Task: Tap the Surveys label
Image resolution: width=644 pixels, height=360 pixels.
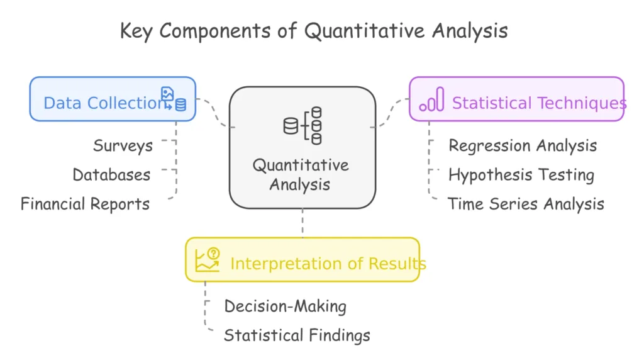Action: click(x=123, y=146)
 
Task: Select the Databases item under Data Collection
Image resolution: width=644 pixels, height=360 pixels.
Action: click(x=111, y=175)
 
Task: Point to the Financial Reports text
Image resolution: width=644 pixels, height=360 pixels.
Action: click(x=85, y=204)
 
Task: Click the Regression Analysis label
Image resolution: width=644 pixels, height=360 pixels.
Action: click(x=523, y=146)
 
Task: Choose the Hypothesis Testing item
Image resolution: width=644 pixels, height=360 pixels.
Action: click(x=521, y=175)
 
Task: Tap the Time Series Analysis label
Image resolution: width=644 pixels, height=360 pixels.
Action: click(x=526, y=205)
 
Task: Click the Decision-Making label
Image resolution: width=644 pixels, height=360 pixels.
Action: click(x=285, y=307)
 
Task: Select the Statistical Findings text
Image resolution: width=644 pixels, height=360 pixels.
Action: click(x=297, y=335)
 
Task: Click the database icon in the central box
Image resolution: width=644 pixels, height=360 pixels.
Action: click(x=303, y=126)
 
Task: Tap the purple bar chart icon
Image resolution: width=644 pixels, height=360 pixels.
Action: click(x=431, y=99)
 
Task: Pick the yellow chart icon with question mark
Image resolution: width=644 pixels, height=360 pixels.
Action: click(x=208, y=260)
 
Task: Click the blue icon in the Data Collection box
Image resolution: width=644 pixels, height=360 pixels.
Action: click(x=174, y=99)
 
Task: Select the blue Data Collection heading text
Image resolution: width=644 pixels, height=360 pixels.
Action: click(x=106, y=103)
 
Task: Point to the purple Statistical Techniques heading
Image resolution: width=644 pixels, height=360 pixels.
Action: click(x=539, y=103)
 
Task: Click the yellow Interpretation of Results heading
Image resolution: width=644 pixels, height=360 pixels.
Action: click(x=328, y=264)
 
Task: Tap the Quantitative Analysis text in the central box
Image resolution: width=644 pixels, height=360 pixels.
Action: click(x=301, y=175)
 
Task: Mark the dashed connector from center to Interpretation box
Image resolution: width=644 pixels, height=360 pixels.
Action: click(x=303, y=223)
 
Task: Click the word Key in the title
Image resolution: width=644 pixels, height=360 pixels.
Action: click(x=136, y=31)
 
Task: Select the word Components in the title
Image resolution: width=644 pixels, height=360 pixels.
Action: click(x=215, y=31)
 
